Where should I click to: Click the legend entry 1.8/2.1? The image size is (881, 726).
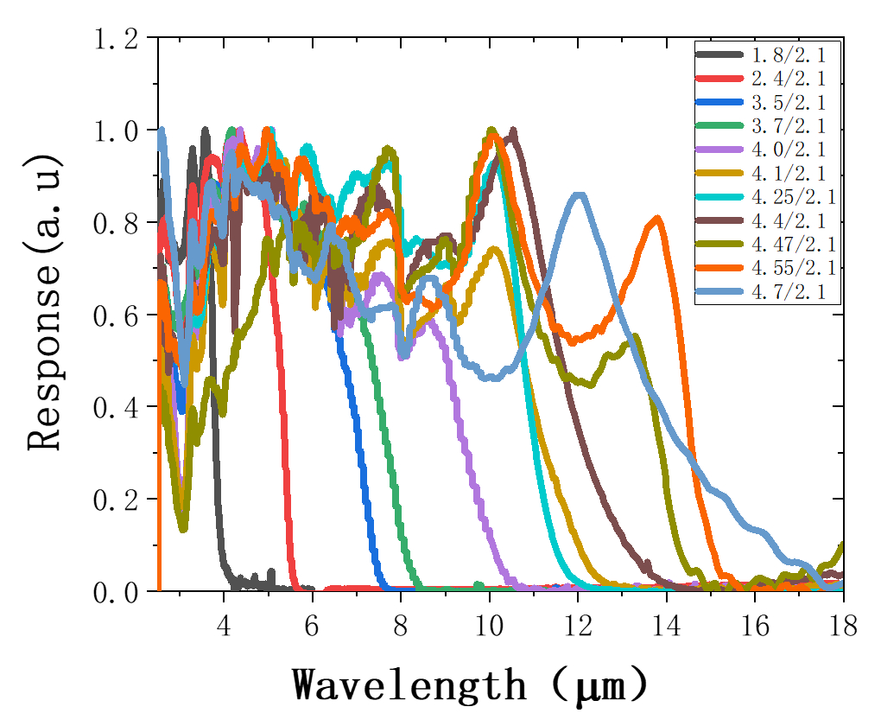tap(783, 55)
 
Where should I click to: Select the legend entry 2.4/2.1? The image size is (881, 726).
tap(783, 78)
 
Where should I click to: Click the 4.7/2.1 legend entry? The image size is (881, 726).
tap(783, 292)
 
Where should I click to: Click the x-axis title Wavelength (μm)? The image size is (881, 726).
tap(470, 685)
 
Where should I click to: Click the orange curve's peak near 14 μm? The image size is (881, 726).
tap(659, 219)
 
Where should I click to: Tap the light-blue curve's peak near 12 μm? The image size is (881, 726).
tap(580, 195)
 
